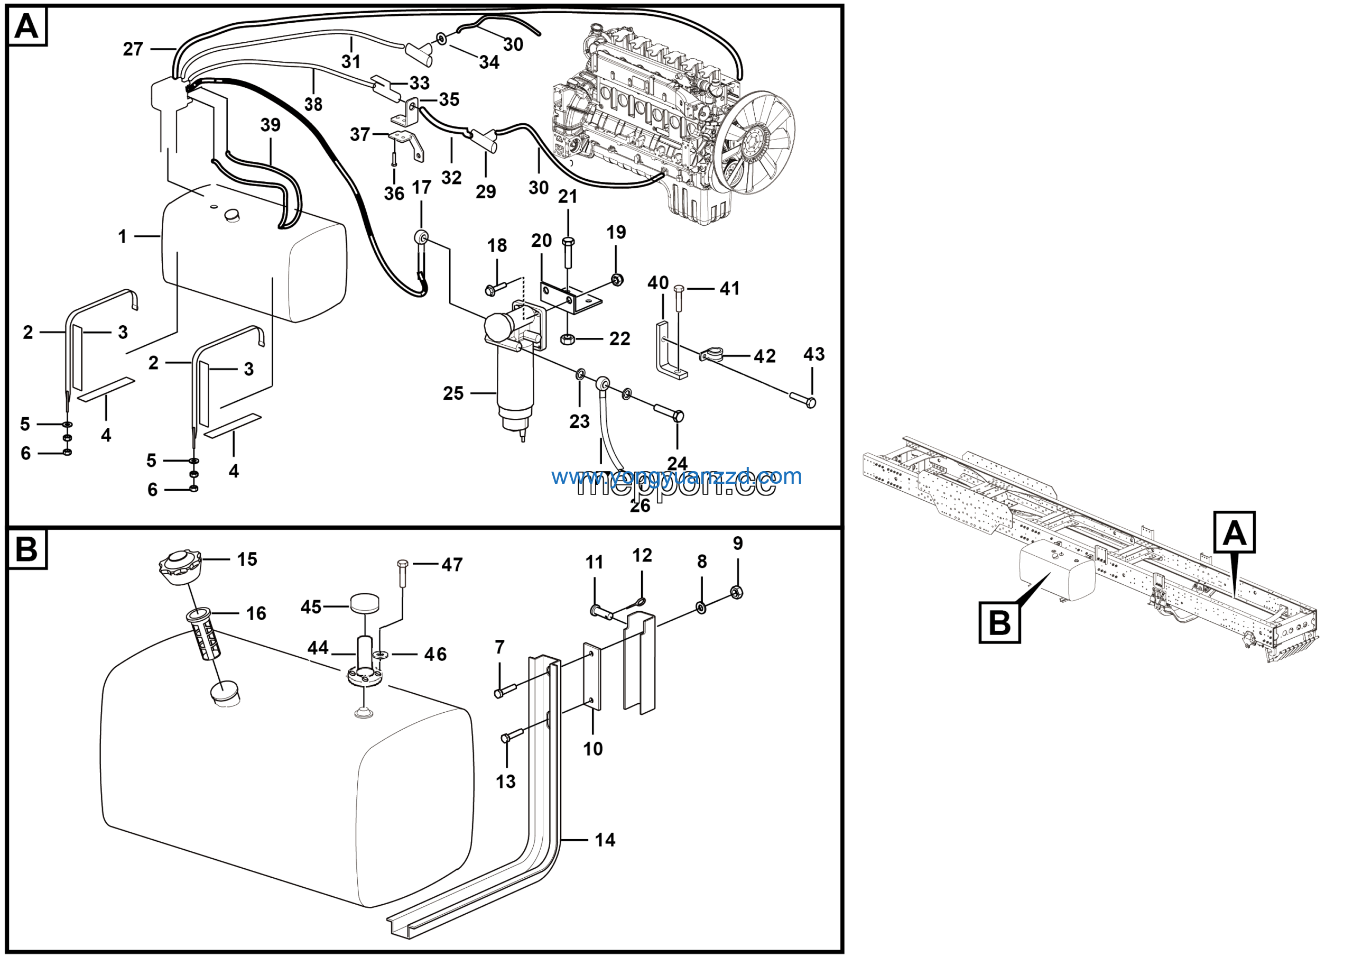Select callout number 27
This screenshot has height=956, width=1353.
(133, 49)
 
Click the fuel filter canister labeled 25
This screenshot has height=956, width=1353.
(514, 386)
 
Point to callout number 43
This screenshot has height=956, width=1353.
(814, 354)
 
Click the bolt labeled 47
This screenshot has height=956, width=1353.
(403, 572)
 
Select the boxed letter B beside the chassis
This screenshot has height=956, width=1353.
(999, 622)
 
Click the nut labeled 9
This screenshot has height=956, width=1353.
(736, 591)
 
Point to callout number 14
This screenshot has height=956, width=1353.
(605, 840)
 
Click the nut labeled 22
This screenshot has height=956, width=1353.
(568, 339)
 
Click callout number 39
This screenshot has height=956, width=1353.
(271, 125)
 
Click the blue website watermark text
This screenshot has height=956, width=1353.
(676, 476)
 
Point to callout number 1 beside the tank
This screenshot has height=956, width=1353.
(122, 237)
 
